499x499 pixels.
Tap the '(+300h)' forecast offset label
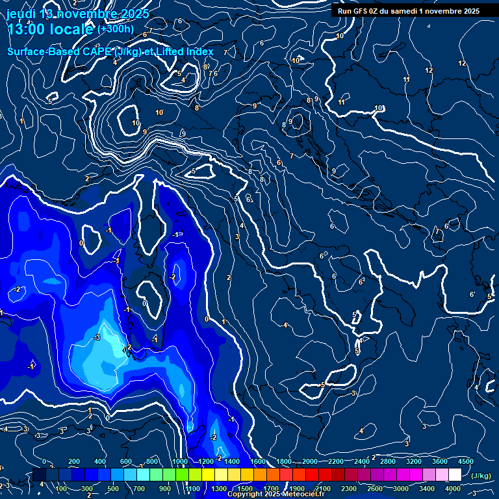(116, 29)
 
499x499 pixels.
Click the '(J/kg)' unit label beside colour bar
(480, 476)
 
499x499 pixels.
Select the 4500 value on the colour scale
(465, 461)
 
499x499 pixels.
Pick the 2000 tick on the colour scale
(311, 461)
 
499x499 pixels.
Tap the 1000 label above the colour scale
(180, 461)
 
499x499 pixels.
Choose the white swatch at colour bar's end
(455, 475)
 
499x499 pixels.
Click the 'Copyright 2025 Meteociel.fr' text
(275, 494)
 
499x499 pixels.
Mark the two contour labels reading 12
(429, 70)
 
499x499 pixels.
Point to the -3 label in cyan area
(97, 337)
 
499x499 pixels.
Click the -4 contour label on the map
(176, 235)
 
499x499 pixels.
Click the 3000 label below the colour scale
(402, 489)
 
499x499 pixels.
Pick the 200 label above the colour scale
(73, 461)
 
